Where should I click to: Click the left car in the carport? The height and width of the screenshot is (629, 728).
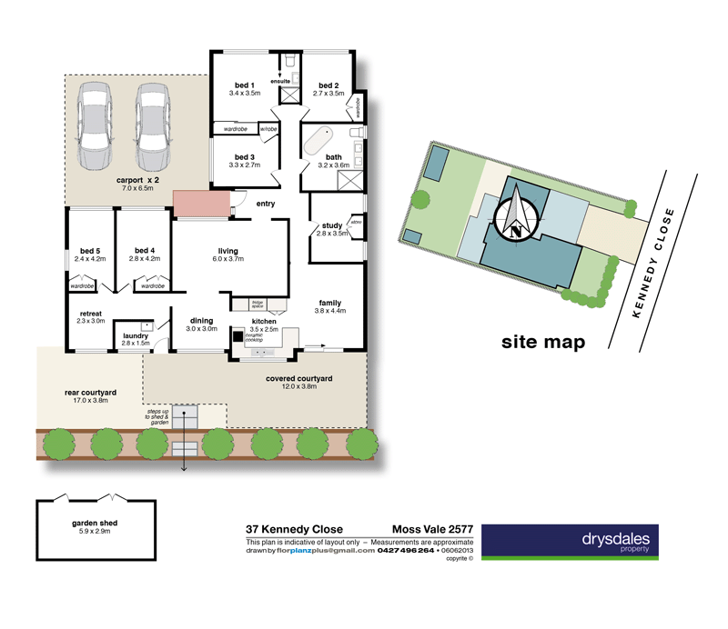point(96,127)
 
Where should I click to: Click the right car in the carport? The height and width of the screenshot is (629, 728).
point(153,127)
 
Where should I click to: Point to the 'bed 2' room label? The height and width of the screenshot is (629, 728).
point(329,85)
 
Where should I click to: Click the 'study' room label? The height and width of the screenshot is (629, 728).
point(330,225)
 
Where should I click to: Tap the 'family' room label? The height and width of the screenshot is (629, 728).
point(330,303)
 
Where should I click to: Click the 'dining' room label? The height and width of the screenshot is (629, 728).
point(201,320)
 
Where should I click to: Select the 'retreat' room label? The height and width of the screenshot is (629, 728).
point(90,313)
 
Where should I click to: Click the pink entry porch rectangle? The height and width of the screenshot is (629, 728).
point(199,204)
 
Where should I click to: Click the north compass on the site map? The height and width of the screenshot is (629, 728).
point(516,215)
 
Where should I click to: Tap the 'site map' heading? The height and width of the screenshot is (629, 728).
point(542,342)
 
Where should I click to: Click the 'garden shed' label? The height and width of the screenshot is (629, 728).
point(96,524)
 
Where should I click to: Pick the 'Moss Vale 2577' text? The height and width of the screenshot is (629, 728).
point(430,529)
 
